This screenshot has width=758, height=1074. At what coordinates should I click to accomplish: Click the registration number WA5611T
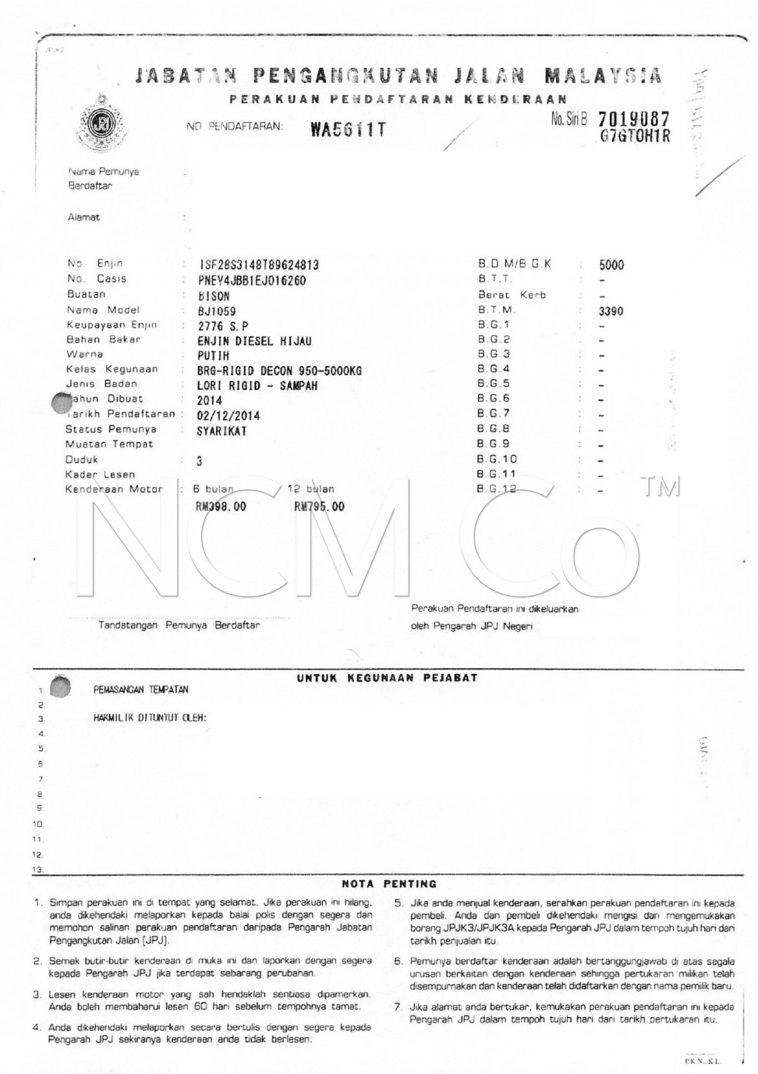[348, 130]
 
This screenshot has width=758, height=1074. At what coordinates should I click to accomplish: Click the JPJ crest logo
[98, 124]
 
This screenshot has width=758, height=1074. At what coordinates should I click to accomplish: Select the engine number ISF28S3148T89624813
[259, 265]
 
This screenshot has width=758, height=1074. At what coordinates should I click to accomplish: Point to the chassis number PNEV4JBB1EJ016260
[252, 281]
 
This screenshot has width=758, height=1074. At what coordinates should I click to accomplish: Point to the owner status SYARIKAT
[221, 431]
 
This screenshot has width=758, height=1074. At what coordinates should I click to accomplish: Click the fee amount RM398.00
[220, 507]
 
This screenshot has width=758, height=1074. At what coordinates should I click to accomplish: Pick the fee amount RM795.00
[319, 507]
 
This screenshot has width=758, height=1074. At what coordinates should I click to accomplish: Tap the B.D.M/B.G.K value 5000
[611, 265]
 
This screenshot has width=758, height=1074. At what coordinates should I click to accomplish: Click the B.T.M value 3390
[611, 311]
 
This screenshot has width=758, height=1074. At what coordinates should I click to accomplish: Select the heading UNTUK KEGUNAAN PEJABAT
[387, 678]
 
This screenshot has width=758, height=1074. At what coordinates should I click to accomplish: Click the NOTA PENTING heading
[389, 884]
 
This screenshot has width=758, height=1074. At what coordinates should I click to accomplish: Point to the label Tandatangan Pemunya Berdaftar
[179, 625]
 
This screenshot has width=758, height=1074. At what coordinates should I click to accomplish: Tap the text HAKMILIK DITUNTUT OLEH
[150, 718]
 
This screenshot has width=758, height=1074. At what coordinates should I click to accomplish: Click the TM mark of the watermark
[660, 487]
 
